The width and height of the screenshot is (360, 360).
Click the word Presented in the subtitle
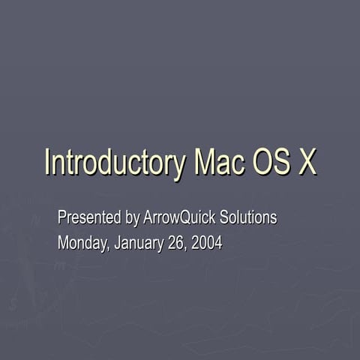click(x=89, y=218)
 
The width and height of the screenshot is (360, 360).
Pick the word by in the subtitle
click(x=132, y=219)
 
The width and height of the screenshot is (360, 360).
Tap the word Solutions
click(x=249, y=218)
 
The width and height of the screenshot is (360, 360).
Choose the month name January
click(x=139, y=243)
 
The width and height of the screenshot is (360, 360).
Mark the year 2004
click(x=207, y=243)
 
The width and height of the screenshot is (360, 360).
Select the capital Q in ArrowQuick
click(x=184, y=218)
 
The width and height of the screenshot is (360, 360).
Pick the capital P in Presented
click(x=62, y=218)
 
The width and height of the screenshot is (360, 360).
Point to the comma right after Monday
click(x=109, y=248)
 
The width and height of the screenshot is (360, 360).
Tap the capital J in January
click(x=118, y=243)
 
